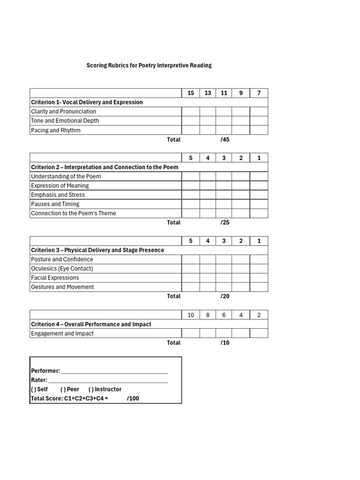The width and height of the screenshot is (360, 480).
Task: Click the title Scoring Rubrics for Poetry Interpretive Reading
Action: point(149,66)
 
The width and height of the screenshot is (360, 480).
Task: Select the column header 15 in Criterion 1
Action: point(191,93)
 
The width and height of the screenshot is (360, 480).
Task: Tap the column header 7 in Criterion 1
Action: point(259,93)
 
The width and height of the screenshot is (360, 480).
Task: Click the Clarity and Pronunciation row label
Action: point(63,112)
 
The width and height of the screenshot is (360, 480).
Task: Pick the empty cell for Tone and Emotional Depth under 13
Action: point(208,121)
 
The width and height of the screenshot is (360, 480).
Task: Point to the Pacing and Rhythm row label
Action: point(55,130)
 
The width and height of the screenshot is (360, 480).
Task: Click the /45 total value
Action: point(225,140)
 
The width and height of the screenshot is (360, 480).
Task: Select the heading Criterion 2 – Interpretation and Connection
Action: point(105,167)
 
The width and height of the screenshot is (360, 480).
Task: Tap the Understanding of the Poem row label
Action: point(66,177)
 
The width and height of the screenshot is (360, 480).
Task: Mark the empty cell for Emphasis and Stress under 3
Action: point(224,195)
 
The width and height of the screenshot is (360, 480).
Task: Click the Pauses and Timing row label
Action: point(55,204)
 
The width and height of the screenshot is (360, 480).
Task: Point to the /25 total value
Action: point(225,223)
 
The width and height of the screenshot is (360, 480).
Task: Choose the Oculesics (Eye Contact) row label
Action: point(62,269)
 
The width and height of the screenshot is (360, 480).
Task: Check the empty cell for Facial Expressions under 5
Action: point(191,278)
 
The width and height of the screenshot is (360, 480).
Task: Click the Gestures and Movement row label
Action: point(62,287)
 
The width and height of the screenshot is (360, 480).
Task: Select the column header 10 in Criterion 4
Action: point(191,315)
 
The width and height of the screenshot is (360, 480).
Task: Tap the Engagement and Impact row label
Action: point(62,334)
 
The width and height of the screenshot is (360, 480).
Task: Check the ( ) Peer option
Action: point(70,390)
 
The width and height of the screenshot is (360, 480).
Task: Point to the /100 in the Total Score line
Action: point(133,399)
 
